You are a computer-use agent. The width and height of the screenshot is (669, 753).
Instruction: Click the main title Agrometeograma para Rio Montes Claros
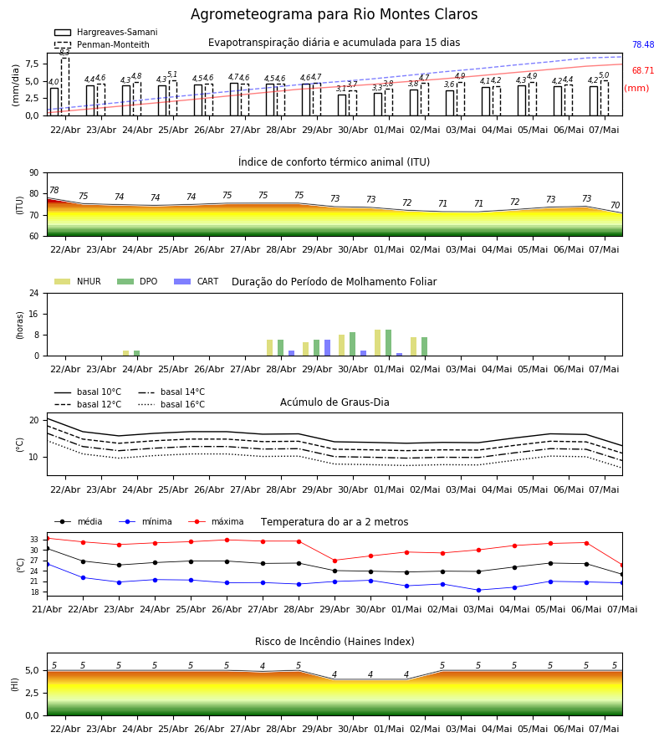(x=334, y=14)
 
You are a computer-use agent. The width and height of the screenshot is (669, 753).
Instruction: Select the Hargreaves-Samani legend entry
(x=105, y=32)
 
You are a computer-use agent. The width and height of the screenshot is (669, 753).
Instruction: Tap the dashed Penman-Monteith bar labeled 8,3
(x=65, y=86)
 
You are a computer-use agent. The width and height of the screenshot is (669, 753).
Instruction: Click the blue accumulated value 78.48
(x=643, y=44)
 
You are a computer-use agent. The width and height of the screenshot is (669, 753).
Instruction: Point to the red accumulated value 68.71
(x=643, y=70)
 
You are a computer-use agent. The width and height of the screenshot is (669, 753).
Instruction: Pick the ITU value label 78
(x=54, y=190)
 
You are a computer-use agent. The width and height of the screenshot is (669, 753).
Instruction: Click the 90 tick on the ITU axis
(x=34, y=173)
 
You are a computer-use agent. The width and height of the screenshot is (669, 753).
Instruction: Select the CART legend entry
(x=196, y=281)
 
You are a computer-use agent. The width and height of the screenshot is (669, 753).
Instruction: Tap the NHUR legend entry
(x=77, y=281)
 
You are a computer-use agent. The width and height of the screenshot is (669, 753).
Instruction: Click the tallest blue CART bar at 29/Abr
(x=327, y=348)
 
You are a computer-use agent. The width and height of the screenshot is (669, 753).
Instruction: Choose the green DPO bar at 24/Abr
(x=137, y=353)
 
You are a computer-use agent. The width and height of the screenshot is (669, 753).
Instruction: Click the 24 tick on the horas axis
(x=34, y=293)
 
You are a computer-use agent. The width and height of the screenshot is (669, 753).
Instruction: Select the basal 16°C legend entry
(x=171, y=404)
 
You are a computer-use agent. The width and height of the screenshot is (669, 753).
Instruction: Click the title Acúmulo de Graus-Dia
(x=334, y=402)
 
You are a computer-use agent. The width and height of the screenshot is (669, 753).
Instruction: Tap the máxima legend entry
(x=216, y=521)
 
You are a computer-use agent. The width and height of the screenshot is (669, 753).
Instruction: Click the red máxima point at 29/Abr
(x=335, y=561)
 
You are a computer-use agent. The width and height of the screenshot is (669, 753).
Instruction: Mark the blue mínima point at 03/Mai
(x=478, y=590)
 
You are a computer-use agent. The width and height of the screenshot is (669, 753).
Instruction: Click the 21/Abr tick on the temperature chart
(x=47, y=609)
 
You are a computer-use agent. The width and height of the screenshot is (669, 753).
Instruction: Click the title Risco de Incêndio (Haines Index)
(x=334, y=641)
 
